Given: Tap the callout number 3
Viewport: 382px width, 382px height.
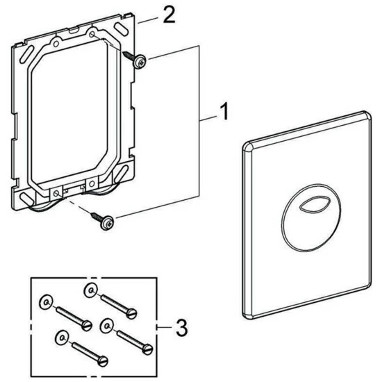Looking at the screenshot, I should coord(181,327).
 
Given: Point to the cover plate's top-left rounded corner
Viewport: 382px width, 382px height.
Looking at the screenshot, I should coord(249,144).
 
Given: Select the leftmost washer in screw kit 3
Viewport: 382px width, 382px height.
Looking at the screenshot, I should coord(45,301).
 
